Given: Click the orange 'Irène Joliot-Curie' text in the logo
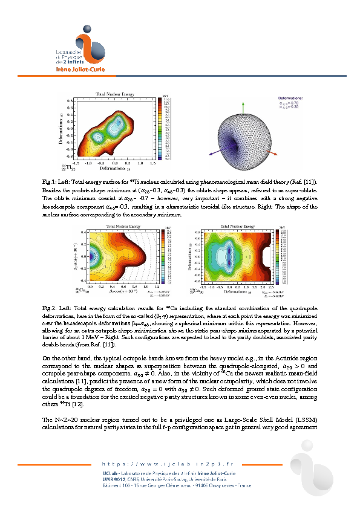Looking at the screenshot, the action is (66, 69).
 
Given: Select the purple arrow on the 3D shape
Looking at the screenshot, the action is (211, 154).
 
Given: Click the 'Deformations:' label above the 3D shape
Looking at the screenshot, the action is (290, 97).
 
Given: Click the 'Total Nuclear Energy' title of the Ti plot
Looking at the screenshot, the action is (114, 93).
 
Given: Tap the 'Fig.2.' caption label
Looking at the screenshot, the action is (50, 308).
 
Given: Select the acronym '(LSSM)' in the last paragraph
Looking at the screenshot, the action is (303, 420).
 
